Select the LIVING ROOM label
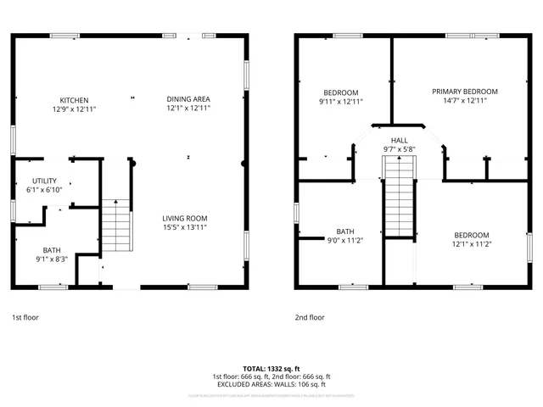(x=185, y=218)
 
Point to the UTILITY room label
(x=44, y=181)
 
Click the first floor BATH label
(x=52, y=250)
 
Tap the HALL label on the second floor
(x=399, y=140)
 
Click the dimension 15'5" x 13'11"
(x=185, y=227)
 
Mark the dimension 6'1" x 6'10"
(x=44, y=191)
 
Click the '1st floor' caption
(x=25, y=317)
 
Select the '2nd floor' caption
(x=310, y=317)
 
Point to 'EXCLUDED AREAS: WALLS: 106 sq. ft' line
(x=271, y=384)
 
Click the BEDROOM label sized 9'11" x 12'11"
(x=340, y=92)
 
